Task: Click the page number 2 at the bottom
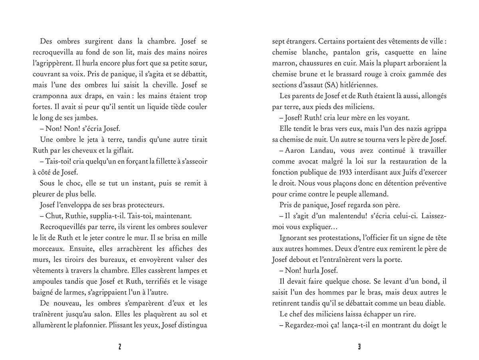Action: [x=120, y=347]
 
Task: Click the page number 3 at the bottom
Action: [x=359, y=347]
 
